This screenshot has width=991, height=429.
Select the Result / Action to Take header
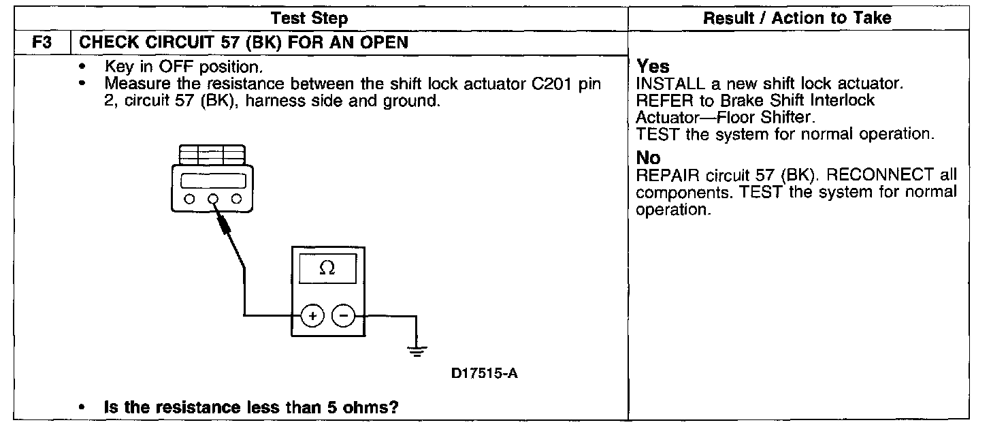[797, 18]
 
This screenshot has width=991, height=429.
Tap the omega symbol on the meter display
[327, 269]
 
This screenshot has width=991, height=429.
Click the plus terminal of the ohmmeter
[313, 316]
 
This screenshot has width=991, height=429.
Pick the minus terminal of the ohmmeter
[343, 316]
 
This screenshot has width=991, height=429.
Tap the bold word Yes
[653, 67]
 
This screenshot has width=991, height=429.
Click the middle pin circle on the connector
[213, 200]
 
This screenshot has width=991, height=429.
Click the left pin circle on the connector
[189, 200]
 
